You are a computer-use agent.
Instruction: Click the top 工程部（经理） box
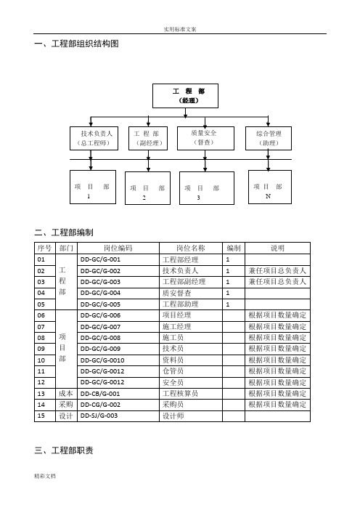[185, 96]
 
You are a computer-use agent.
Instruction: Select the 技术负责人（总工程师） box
[94, 138]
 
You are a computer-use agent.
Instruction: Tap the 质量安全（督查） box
[205, 138]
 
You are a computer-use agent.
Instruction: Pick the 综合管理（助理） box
[269, 138]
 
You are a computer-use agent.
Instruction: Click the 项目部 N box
[270, 187]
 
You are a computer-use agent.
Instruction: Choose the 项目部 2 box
[147, 188]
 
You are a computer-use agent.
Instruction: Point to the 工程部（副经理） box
[148, 138]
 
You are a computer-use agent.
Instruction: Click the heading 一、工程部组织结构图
[76, 44]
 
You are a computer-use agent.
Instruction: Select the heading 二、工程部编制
[64, 232]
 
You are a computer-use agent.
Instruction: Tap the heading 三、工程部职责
[64, 450]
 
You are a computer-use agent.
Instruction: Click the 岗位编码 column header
[118, 248]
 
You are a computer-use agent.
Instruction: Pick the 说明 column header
[277, 248]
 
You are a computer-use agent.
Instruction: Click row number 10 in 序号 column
[41, 360]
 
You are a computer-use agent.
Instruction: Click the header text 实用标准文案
[180, 29]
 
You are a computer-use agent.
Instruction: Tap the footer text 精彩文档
[45, 476]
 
